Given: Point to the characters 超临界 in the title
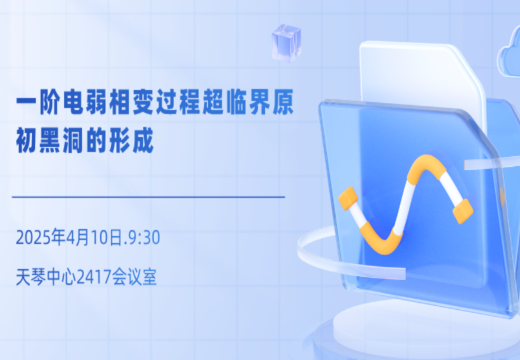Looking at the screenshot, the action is [236, 102].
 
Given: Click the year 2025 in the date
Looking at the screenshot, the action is [34, 238].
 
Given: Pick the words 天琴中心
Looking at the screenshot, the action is [46, 277].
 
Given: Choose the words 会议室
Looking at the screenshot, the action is [134, 277].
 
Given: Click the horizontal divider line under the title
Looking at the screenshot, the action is [149, 197].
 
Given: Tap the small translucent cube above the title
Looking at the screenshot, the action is [286, 42].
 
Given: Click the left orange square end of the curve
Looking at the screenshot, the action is [348, 199].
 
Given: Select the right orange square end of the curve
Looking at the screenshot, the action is [463, 211].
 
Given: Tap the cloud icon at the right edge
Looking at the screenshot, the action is [509, 57].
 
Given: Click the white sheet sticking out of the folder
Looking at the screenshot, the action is [422, 77].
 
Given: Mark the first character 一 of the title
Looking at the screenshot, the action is [27, 102].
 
